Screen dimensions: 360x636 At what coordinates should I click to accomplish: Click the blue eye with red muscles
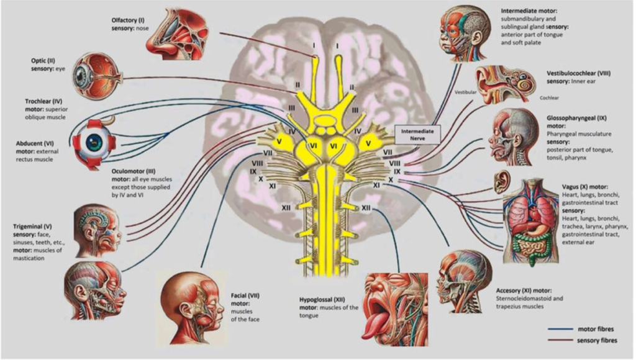(94, 142)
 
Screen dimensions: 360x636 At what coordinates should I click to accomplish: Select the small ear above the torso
(500, 182)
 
